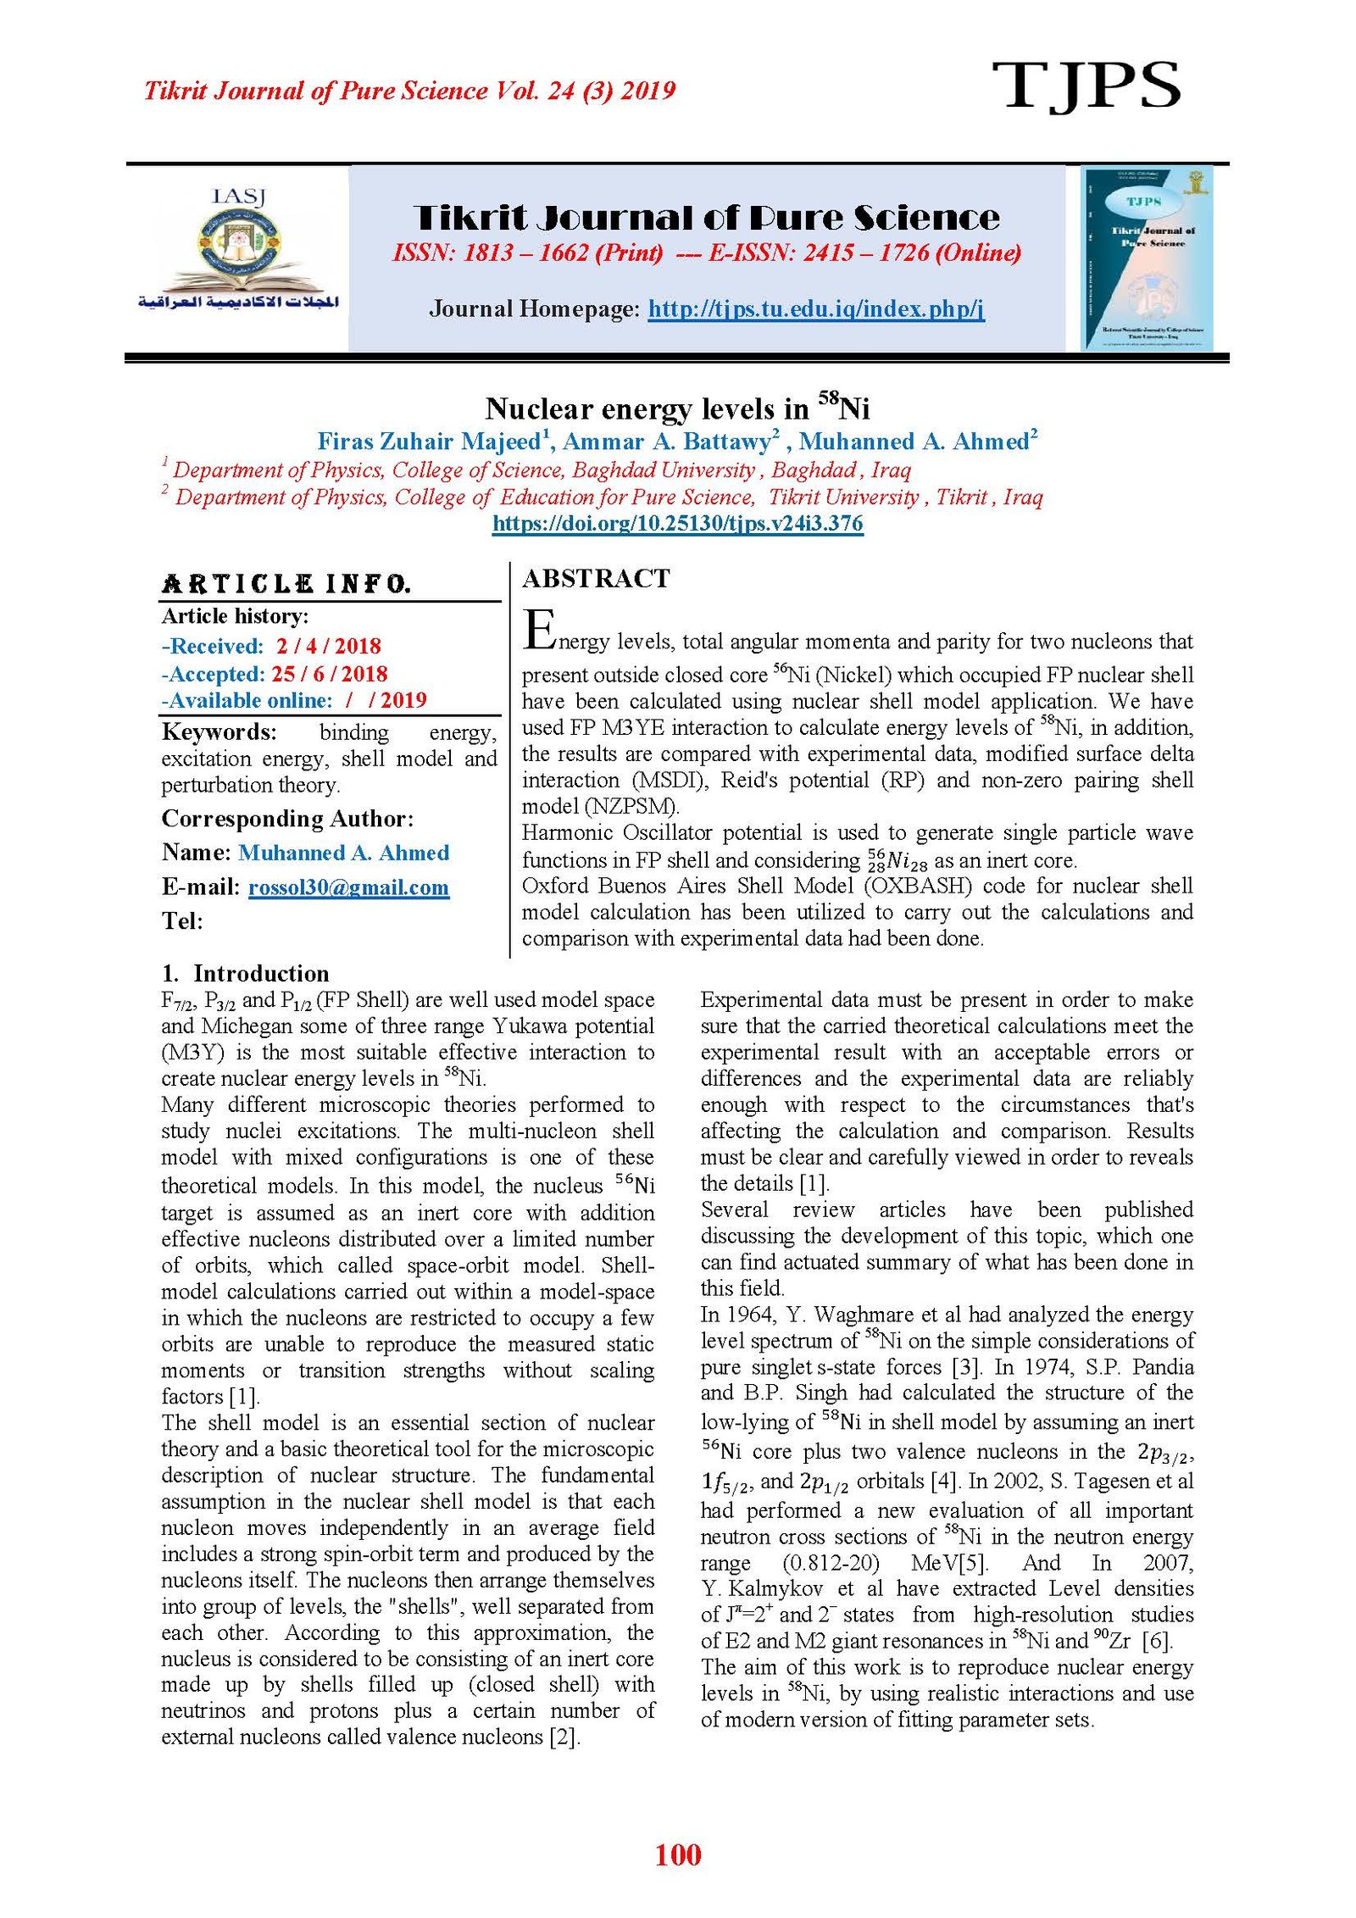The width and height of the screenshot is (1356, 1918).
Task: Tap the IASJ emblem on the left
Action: coord(239,252)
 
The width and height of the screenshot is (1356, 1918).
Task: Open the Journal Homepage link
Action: coord(815,309)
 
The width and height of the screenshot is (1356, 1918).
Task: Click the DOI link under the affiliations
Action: coord(677,523)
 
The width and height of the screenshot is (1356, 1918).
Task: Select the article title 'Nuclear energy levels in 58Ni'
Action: coord(677,409)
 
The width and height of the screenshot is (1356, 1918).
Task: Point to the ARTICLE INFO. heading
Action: coord(286,584)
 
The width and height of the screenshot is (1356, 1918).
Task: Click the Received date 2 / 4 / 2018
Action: coord(328,646)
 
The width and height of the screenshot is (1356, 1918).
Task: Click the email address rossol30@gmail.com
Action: coord(348,887)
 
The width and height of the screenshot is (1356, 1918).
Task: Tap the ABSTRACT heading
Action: coord(596,579)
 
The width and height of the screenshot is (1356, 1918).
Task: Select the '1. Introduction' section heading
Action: coord(246,973)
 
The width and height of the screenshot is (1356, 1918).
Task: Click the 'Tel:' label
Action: coord(182,920)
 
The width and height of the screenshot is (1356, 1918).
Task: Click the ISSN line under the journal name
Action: coord(707,253)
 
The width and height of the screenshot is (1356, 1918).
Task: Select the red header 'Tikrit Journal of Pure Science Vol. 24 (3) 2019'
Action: coord(409,91)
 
